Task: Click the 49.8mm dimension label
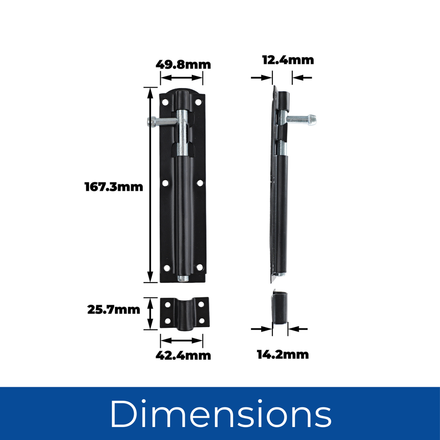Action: point(183,64)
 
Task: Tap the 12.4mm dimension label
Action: point(288,60)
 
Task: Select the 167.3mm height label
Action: point(113,187)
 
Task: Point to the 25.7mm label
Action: point(113,310)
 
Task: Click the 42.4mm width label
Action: point(183,355)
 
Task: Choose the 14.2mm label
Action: point(283,355)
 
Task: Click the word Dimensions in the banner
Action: point(220,413)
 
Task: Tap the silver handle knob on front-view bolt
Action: point(151,122)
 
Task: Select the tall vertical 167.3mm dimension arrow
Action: point(150,185)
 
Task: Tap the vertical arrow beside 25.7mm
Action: point(150,314)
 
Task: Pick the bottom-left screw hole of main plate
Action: point(165,267)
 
